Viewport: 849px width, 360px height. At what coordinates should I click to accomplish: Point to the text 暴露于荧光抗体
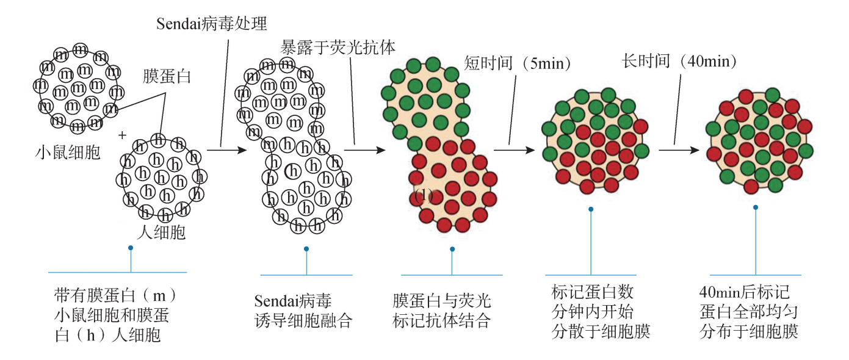pyautogui.click(x=338, y=47)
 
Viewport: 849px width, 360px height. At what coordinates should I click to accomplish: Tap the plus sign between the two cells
pyautogui.click(x=122, y=134)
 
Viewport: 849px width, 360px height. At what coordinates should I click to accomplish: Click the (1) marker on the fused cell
pyautogui.click(x=423, y=195)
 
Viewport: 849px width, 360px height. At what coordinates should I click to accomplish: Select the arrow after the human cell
pyautogui.click(x=222, y=148)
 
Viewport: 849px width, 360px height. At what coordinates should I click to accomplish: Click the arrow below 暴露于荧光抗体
pyautogui.click(x=364, y=148)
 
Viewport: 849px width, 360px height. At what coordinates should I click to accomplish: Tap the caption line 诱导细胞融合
pyautogui.click(x=303, y=321)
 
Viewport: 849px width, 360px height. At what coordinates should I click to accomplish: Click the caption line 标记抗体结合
pyautogui.click(x=442, y=321)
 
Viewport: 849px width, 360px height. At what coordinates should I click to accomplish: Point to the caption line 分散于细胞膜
pyautogui.click(x=601, y=331)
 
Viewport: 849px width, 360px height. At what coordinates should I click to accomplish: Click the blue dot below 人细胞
pyautogui.click(x=131, y=248)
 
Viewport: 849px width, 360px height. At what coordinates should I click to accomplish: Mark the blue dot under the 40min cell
pyautogui.click(x=756, y=207)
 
